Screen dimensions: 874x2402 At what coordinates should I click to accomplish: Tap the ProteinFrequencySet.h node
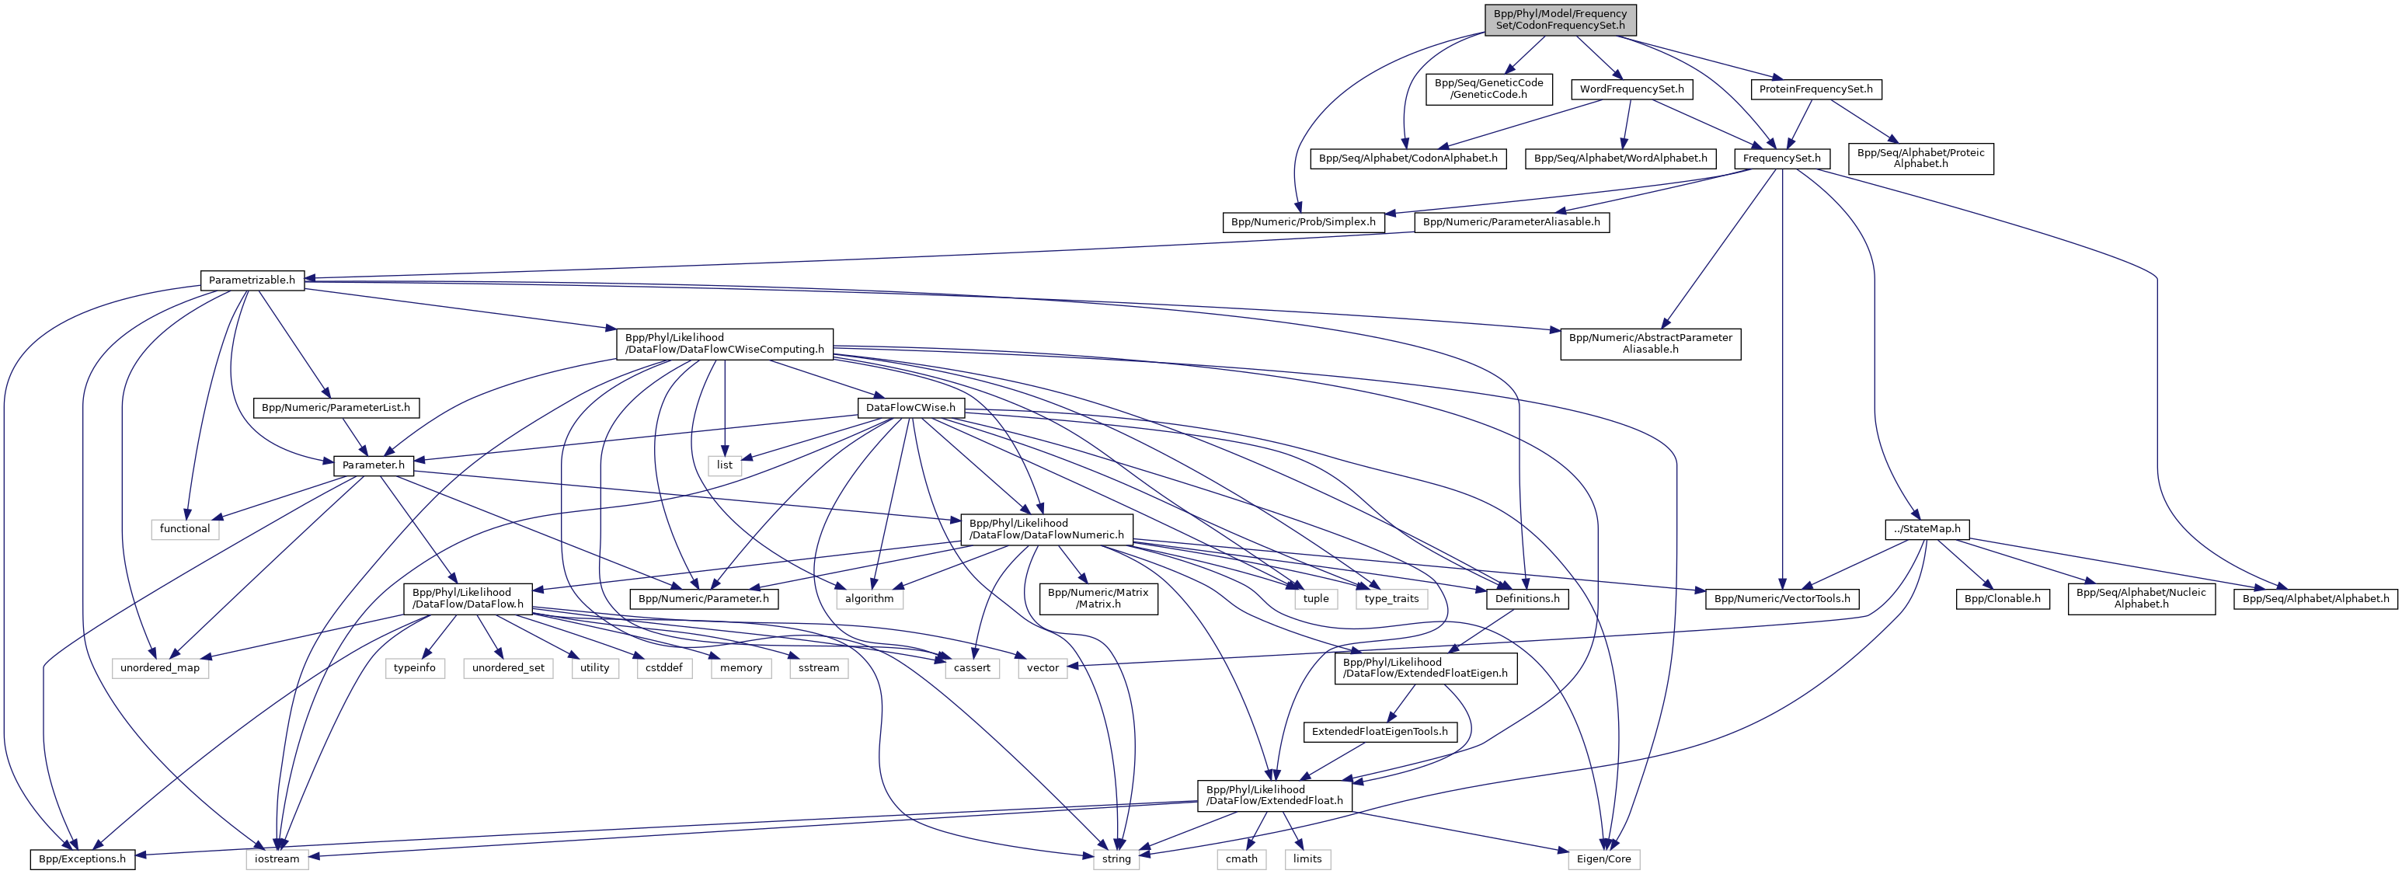(x=1815, y=89)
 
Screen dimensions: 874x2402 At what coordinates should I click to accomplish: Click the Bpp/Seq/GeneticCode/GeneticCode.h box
(x=1488, y=89)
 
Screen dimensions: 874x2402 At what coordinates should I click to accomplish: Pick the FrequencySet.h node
(x=1782, y=158)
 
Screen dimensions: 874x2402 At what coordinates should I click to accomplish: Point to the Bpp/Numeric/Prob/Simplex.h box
(x=1303, y=222)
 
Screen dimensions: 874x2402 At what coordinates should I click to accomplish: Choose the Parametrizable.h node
(x=252, y=280)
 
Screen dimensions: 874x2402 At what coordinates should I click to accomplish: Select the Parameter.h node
(x=373, y=465)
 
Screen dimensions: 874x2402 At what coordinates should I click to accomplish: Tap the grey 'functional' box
(x=185, y=529)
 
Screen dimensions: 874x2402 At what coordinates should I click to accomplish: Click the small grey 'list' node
(x=725, y=465)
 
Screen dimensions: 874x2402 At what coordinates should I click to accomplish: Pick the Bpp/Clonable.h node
(x=2002, y=599)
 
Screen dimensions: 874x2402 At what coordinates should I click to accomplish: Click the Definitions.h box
(x=1527, y=599)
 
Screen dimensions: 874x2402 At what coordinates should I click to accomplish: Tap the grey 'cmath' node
(x=1241, y=859)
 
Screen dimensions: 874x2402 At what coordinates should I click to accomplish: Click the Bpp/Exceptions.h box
(x=82, y=859)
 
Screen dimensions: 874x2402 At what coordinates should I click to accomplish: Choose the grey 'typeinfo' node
(x=414, y=668)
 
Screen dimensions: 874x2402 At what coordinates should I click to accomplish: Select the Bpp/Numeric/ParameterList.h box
(x=336, y=408)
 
